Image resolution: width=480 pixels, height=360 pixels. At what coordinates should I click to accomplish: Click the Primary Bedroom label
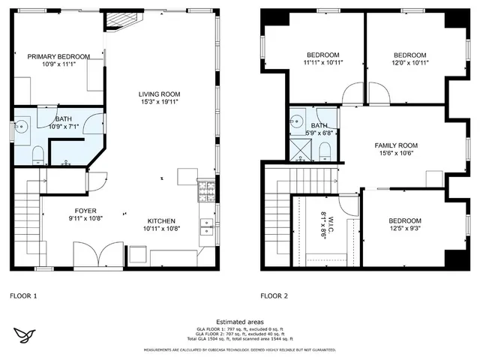tap(58, 56)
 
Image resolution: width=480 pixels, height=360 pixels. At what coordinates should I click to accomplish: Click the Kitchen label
tap(160, 221)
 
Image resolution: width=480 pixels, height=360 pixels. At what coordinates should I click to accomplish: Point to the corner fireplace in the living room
tap(117, 20)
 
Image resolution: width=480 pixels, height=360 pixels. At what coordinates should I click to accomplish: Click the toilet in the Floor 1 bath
tap(37, 154)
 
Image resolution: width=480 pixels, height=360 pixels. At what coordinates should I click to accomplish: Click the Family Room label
tap(396, 145)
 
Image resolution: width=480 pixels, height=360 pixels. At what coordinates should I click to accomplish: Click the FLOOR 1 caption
tap(23, 295)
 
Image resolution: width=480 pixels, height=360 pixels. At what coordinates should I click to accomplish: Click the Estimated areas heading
tap(240, 320)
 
